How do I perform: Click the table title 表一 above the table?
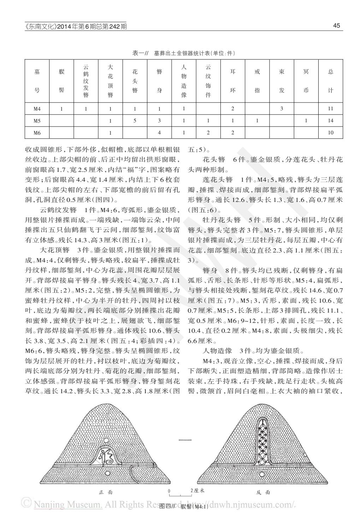coord(183,53)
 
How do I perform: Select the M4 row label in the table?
coord(37,109)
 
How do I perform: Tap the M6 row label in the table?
coord(37,133)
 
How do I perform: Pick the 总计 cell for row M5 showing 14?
coord(330,121)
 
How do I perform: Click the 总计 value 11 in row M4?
coord(330,109)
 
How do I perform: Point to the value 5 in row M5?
coord(135,121)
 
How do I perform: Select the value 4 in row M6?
coord(159,133)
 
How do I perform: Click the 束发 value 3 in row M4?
coord(282,109)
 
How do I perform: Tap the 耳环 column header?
coord(232,81)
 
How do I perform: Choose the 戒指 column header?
coord(257,81)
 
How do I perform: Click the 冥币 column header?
coord(306,81)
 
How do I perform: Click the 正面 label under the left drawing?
coord(106,492)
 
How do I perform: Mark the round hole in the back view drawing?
coord(261,474)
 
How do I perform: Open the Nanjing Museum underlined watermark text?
coord(68,504)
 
